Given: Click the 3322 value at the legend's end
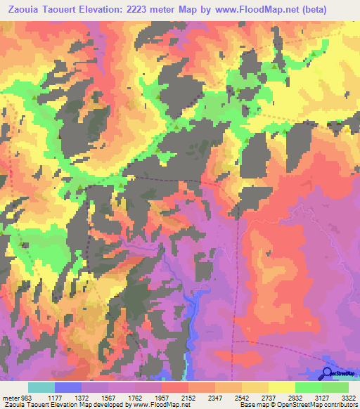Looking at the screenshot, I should [x=349, y=397].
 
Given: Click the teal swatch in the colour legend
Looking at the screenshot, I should [x=41, y=387].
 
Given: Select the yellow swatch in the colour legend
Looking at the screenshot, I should [x=281, y=387].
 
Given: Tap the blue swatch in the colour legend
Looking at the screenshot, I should [x=67, y=387].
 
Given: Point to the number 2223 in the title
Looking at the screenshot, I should [x=167, y=10].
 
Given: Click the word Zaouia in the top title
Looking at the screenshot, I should [x=25, y=10].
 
